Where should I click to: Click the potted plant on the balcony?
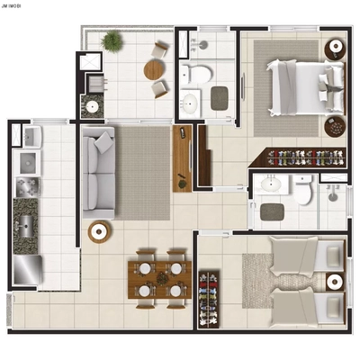[112, 40]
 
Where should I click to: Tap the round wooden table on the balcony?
[155, 68]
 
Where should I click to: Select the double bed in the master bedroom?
[297, 86]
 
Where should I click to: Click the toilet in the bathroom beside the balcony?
[195, 72]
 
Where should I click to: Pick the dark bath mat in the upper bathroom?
[220, 96]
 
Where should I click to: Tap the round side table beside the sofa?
[100, 232]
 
